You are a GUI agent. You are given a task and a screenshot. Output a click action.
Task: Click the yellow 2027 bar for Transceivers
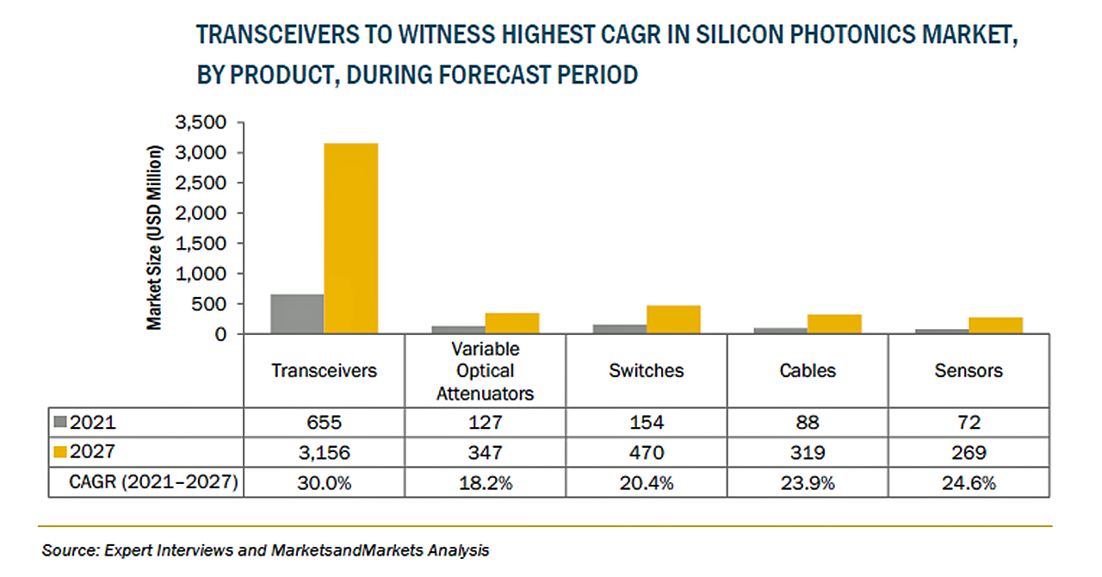coord(350,238)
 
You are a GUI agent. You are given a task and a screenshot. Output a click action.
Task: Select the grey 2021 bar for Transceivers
coord(297,313)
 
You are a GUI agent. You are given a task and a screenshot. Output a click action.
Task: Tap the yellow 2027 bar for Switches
coord(673,320)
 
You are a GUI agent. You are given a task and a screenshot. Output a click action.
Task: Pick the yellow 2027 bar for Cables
coord(834,324)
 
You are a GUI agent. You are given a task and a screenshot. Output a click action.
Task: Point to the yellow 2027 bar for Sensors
coord(995,326)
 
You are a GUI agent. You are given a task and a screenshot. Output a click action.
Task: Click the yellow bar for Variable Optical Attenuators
coord(512,323)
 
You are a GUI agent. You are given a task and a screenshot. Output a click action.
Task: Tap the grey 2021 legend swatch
coord(59,423)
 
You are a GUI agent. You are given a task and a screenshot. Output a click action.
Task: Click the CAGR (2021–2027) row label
coord(153,483)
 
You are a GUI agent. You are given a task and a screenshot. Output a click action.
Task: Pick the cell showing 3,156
coord(325,453)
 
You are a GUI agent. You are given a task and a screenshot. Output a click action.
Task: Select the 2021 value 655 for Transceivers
coord(325,423)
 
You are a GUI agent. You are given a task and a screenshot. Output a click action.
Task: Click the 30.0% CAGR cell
coord(325,483)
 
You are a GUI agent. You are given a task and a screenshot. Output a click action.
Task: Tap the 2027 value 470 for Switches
coord(647,453)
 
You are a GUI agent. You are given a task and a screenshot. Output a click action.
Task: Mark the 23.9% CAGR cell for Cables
coord(808,483)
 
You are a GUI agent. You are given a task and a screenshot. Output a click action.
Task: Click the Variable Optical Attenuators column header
coord(486,371)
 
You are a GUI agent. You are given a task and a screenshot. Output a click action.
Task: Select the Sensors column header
coord(969,371)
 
